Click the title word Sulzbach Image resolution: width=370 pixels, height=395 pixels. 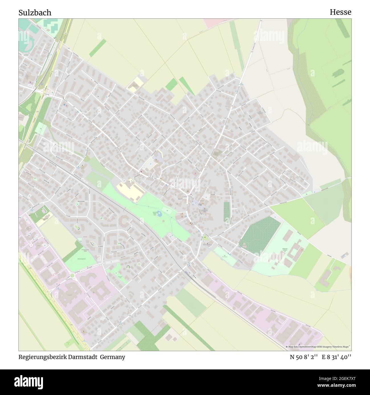35,13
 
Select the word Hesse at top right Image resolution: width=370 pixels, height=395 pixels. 340,12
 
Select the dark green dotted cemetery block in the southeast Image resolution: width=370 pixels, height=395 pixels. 260,234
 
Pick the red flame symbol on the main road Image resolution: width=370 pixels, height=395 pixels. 141,172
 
